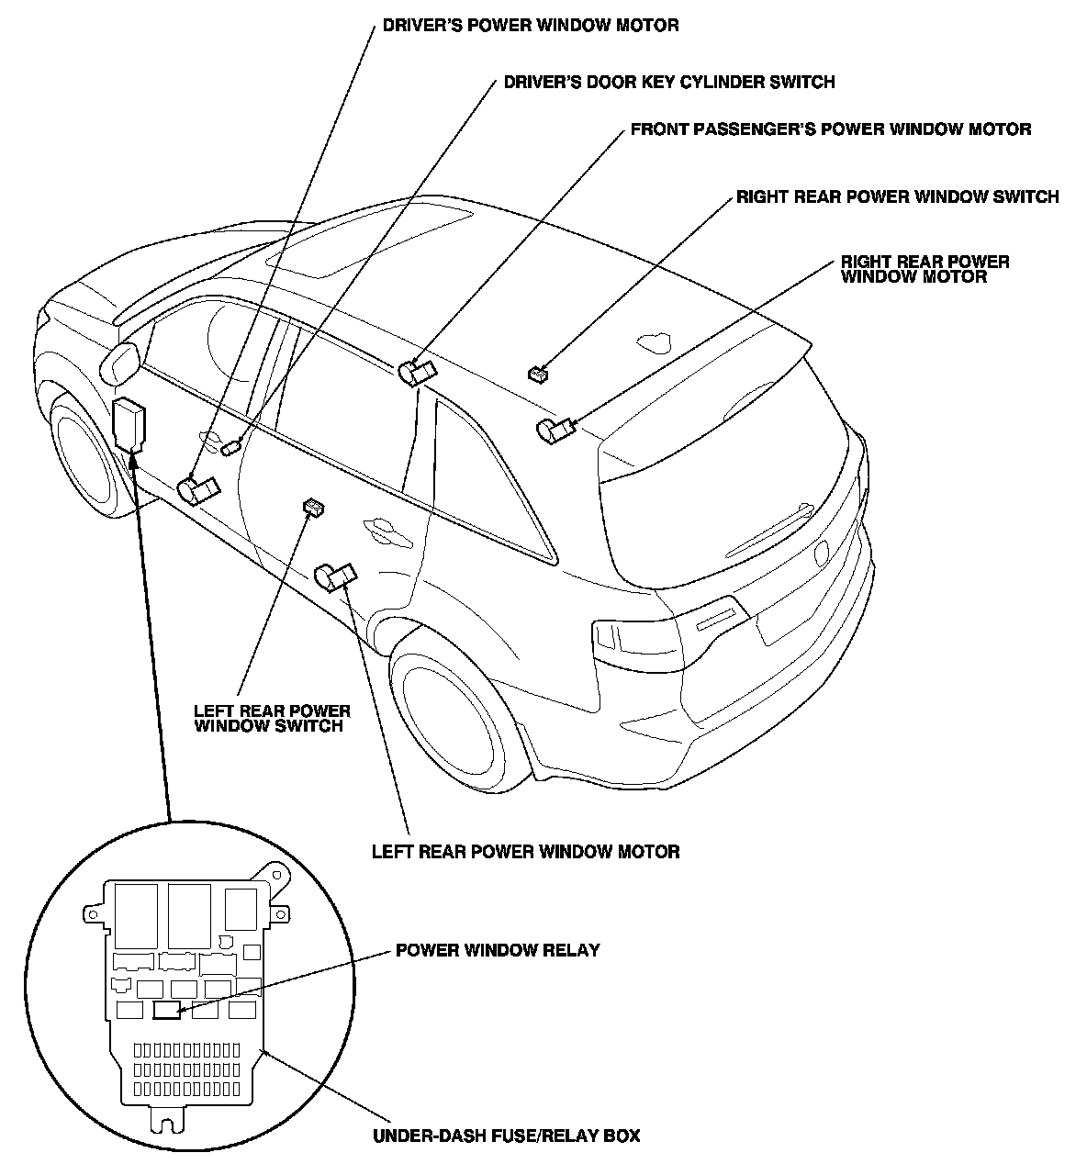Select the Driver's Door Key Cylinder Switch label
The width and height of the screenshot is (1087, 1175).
pyautogui.click(x=669, y=83)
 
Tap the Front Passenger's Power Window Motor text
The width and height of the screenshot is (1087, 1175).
pyautogui.click(x=830, y=129)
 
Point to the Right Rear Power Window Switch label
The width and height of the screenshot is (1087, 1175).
pyautogui.click(x=897, y=197)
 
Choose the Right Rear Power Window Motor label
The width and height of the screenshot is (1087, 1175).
pyautogui.click(x=925, y=268)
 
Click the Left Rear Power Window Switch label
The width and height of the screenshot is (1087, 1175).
pyautogui.click(x=272, y=718)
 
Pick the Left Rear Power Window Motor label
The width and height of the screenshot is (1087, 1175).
pyautogui.click(x=525, y=852)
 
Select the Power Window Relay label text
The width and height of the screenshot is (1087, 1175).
pyautogui.click(x=498, y=950)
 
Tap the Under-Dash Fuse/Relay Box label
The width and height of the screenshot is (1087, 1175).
pyautogui.click(x=506, y=1136)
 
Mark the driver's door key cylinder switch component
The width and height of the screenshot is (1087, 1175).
pyautogui.click(x=230, y=447)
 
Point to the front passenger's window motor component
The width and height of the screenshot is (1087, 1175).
pyautogui.click(x=417, y=373)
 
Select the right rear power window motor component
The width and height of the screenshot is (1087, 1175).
pyautogui.click(x=555, y=429)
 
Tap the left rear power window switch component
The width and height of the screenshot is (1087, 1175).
pyautogui.click(x=314, y=507)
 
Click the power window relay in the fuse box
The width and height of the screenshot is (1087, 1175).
pyautogui.click(x=166, y=1011)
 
